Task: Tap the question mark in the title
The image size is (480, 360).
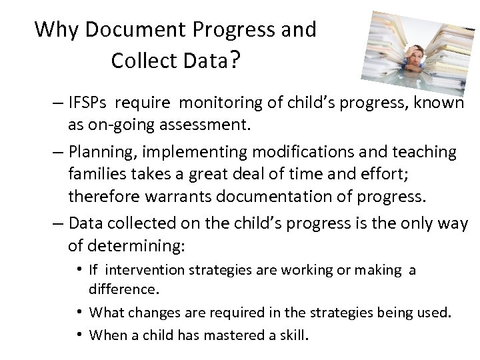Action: tap(235, 61)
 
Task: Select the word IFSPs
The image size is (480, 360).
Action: tap(89, 105)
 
